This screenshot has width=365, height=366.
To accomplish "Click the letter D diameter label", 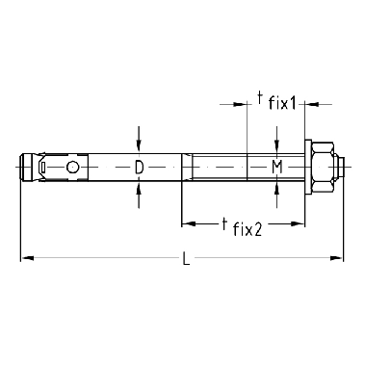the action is [x=139, y=168].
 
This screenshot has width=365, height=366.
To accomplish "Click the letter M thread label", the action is [x=277, y=168].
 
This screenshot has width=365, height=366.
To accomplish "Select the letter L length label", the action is [x=186, y=258].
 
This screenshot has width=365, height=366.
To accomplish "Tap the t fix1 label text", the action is [x=276, y=100].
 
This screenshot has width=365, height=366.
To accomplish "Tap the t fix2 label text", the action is [x=243, y=227].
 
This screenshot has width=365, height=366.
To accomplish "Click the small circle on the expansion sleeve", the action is [x=72, y=167].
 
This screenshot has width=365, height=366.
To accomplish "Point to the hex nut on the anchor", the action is [x=324, y=168].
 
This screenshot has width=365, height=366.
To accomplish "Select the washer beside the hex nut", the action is [x=308, y=168].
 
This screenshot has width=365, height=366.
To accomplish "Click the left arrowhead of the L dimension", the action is [x=27, y=258].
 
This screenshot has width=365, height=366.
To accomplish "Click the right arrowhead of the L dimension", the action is [x=337, y=258].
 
